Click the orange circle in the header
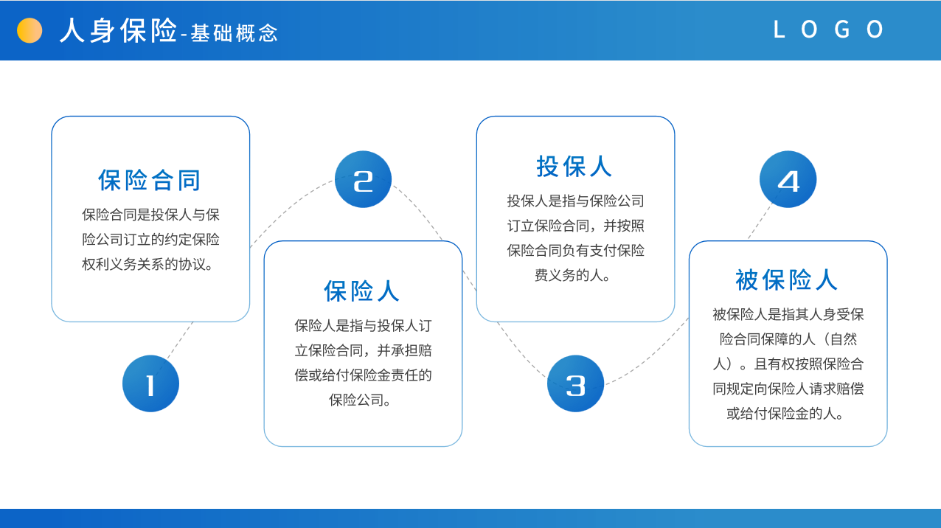pyautogui.click(x=29, y=30)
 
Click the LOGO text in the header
pyautogui.click(x=828, y=29)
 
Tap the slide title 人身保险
pyautogui.click(x=118, y=30)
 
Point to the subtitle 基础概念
pyautogui.click(x=234, y=32)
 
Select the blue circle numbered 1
pyautogui.click(x=151, y=383)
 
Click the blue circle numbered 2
pyautogui.click(x=363, y=179)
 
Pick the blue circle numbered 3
pyautogui.click(x=575, y=383)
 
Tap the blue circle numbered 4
pyautogui.click(x=788, y=179)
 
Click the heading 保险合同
pyautogui.click(x=150, y=180)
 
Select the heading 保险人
pyautogui.click(x=361, y=291)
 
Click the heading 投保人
pyautogui.click(x=574, y=167)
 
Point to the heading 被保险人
pyautogui.click(x=786, y=279)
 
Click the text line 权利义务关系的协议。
pyautogui.click(x=149, y=264)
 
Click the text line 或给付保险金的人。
pyautogui.click(x=786, y=414)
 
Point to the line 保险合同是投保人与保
pyautogui.click(x=151, y=215)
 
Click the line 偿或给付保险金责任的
pyautogui.click(x=363, y=375)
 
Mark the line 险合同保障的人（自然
pyautogui.click(x=788, y=339)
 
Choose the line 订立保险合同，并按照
pyautogui.click(x=575, y=226)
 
